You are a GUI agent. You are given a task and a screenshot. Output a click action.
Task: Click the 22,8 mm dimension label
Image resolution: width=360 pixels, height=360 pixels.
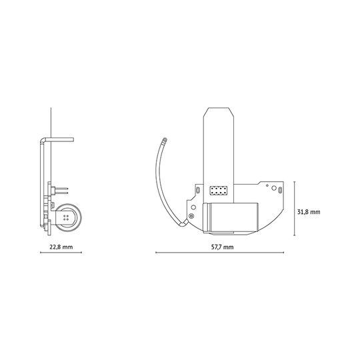61,247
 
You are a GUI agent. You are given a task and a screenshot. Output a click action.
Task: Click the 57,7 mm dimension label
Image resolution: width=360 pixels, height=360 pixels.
222,247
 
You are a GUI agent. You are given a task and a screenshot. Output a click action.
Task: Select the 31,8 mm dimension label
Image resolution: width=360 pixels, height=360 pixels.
309,212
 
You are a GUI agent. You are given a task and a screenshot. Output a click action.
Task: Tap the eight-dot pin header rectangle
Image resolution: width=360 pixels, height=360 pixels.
219,191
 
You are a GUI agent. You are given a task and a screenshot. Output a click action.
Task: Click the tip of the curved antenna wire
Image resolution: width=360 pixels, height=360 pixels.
165,139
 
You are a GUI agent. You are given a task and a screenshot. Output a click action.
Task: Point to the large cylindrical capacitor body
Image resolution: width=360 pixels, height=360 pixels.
231,217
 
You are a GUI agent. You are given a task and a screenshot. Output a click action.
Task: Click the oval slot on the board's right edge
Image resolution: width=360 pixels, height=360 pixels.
280,190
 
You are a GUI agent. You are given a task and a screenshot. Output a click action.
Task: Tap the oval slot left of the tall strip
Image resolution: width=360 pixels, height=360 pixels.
198,190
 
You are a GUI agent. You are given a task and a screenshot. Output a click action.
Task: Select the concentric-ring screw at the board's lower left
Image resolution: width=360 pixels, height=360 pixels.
191,216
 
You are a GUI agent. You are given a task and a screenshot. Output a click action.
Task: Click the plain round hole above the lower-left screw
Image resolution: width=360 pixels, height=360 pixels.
193,207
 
